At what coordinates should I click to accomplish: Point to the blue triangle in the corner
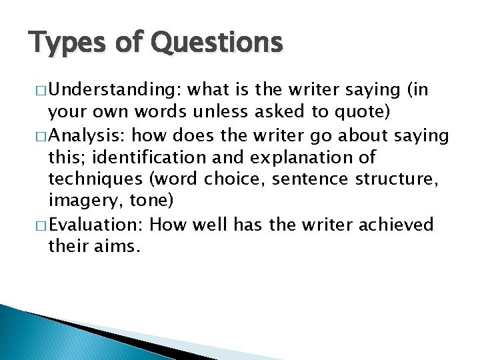tap(40, 333)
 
